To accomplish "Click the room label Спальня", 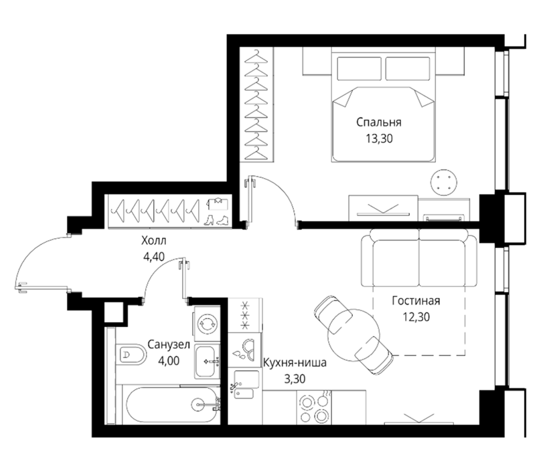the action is [x=379, y=123].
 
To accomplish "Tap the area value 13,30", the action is [x=379, y=139].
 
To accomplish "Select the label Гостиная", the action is [x=416, y=301].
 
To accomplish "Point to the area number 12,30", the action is [x=416, y=317].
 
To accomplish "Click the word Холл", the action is [x=153, y=241].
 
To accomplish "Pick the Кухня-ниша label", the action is [x=295, y=363].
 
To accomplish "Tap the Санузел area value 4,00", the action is [x=169, y=360].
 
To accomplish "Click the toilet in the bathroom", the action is [x=131, y=355].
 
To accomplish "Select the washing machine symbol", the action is [x=208, y=324].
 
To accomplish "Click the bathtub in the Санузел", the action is [x=173, y=405].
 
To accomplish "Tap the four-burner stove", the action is [x=314, y=407].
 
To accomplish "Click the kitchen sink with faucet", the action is [x=245, y=385].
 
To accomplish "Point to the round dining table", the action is [x=353, y=332].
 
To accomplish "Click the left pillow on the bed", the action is [x=359, y=69].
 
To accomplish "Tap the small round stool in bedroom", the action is [x=443, y=182].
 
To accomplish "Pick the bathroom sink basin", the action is [x=208, y=361].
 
